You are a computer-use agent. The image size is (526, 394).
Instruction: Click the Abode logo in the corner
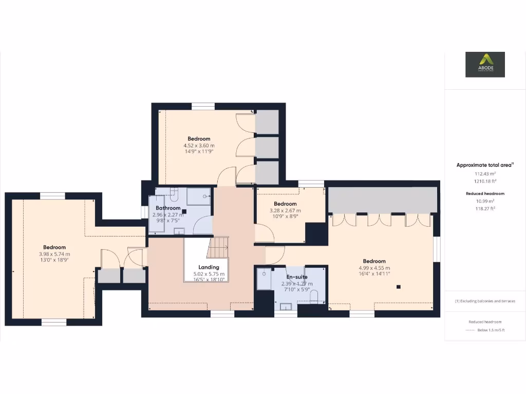point(485,65)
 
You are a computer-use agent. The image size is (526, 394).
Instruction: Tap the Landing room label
point(209,267)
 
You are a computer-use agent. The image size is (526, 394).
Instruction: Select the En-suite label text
point(297,277)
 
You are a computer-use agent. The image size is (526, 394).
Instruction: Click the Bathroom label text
point(168,208)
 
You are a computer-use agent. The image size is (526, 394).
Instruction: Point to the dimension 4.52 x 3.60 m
point(199,146)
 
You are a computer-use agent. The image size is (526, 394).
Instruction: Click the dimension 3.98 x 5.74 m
point(54,254)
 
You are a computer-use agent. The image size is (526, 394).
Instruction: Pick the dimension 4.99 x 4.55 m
point(374,268)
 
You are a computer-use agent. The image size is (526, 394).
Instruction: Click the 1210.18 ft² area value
point(485,181)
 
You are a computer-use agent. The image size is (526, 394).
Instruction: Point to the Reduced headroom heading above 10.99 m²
point(485,193)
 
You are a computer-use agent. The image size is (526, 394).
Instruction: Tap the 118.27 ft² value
point(485,209)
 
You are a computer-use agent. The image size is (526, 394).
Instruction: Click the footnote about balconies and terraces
point(485,301)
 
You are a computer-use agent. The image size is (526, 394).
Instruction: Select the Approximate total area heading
point(484,165)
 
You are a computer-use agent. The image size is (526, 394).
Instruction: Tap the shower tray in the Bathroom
point(199,196)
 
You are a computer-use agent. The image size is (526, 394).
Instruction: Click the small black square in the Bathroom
point(184,211)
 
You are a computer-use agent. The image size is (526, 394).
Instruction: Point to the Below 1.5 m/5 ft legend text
point(491,330)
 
